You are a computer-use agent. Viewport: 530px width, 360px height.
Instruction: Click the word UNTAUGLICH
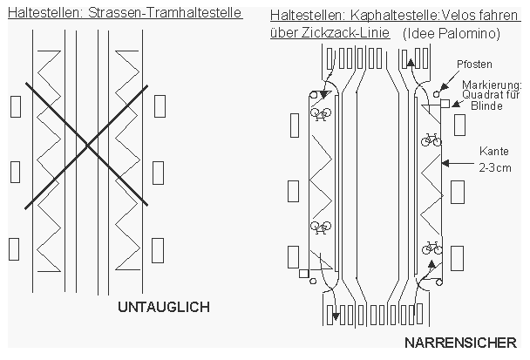point(164,308)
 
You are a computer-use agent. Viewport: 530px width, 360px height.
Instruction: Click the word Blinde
point(488,106)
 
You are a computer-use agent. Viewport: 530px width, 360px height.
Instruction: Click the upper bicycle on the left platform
point(320,113)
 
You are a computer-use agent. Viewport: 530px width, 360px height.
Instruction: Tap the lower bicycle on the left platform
point(321,228)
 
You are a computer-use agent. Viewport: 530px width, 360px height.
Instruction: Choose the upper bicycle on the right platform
point(431,139)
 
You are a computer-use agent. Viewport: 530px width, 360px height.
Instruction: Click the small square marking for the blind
point(444,103)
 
